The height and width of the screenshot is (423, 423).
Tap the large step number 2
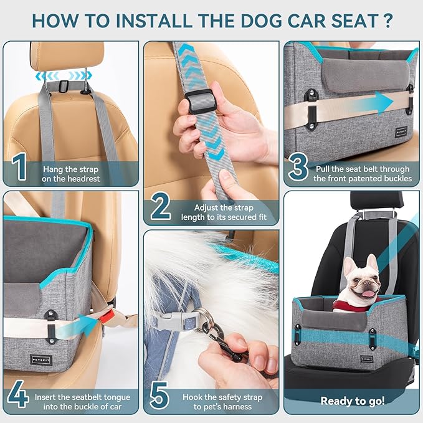[161, 207]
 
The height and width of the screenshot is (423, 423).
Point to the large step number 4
[19, 396]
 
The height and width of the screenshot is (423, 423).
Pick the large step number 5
[161, 396]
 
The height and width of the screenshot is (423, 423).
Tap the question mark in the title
[387, 20]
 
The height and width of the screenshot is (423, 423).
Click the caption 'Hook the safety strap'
[222, 401]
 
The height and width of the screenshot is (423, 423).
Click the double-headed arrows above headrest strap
[63, 76]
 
